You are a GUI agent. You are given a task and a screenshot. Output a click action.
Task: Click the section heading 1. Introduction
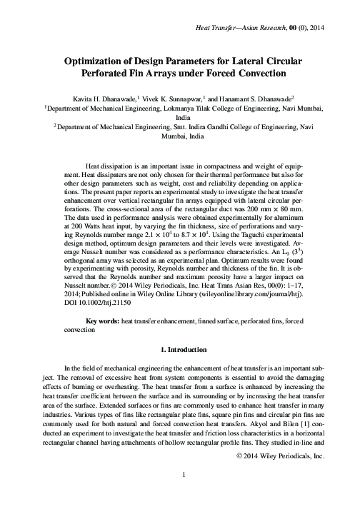(x=180, y=351)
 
